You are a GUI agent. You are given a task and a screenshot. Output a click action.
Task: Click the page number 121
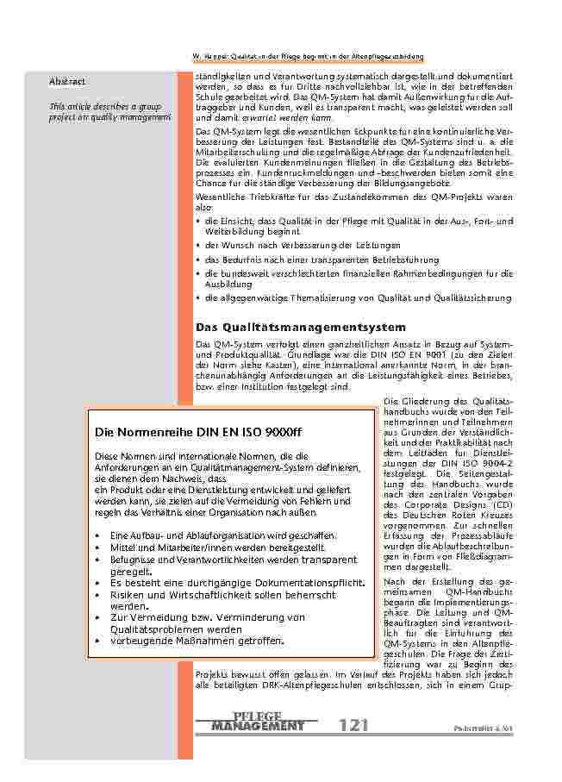click(355, 725)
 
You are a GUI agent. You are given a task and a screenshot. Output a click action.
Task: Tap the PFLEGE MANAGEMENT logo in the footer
click(258, 723)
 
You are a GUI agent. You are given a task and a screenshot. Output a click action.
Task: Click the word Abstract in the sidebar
click(67, 81)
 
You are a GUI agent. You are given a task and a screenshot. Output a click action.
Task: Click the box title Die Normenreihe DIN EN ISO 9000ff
click(198, 431)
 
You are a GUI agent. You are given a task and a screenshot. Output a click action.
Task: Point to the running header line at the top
click(307, 58)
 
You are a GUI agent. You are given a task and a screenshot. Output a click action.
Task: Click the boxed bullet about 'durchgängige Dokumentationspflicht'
click(237, 583)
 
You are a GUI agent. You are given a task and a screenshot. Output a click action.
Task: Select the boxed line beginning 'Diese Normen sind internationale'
click(200, 456)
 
